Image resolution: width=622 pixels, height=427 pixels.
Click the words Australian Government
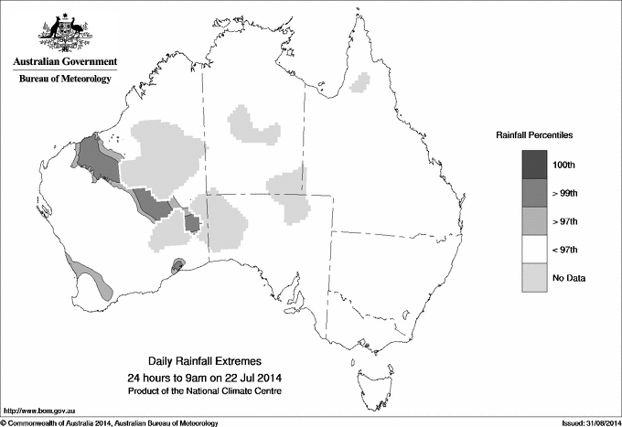pyautogui.click(x=64, y=62)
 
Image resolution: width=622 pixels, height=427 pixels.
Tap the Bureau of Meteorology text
pyautogui.click(x=64, y=79)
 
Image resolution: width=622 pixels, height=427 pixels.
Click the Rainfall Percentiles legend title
pyautogui.click(x=534, y=134)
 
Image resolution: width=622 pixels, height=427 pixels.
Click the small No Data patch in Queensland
pyautogui.click(x=364, y=83)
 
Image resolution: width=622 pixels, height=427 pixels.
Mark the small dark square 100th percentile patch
pyautogui.click(x=193, y=223)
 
